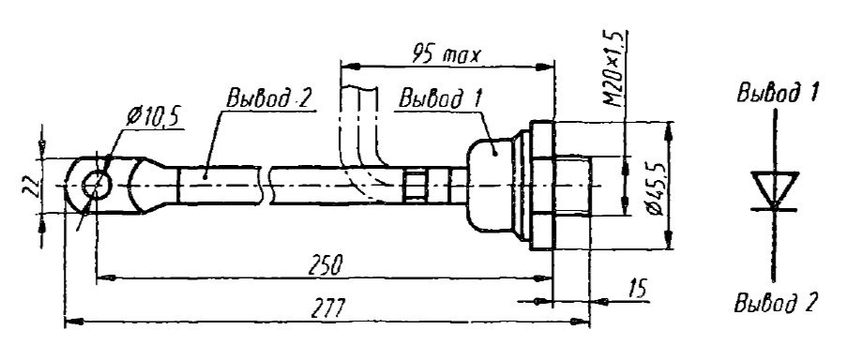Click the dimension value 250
click(x=325, y=265)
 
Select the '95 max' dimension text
click(x=445, y=53)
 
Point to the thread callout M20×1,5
click(x=616, y=69)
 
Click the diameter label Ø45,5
click(x=653, y=185)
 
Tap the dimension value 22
click(x=34, y=186)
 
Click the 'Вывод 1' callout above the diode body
click(x=440, y=98)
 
